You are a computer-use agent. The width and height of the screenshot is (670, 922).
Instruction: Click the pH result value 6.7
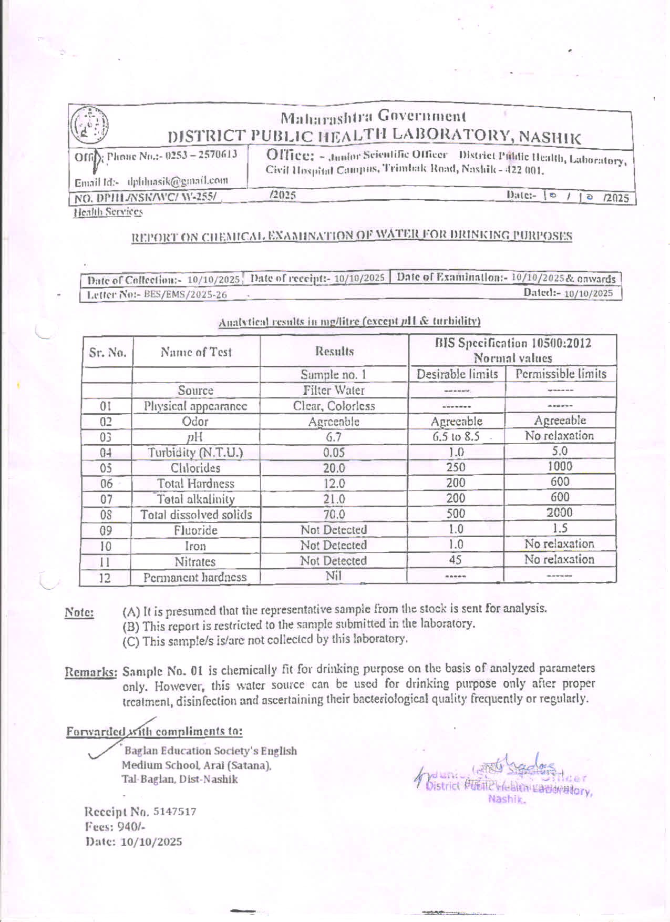click(334, 437)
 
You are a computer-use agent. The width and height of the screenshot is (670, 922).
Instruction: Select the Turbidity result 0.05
click(334, 453)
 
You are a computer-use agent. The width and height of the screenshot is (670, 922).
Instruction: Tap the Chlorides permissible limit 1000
click(560, 466)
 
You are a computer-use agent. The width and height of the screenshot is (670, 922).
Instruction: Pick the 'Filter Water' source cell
click(334, 391)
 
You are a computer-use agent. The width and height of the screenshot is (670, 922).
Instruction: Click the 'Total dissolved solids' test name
click(196, 515)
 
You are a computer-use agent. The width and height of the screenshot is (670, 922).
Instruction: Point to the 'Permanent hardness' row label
click(195, 577)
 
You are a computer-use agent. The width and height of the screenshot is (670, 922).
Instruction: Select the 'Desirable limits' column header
click(457, 374)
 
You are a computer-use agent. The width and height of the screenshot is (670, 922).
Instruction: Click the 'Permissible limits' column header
click(561, 374)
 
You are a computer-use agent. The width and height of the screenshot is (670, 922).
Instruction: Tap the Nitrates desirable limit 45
click(455, 560)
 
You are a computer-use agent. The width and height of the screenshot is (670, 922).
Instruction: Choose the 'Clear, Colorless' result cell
click(334, 406)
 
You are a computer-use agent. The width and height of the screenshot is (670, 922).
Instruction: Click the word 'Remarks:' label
click(90, 672)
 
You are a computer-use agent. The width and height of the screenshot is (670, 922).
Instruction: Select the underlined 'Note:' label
click(79, 612)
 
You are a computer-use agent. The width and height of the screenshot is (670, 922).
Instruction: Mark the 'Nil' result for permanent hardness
click(334, 576)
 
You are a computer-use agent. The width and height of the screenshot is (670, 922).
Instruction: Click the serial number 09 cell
click(106, 531)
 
